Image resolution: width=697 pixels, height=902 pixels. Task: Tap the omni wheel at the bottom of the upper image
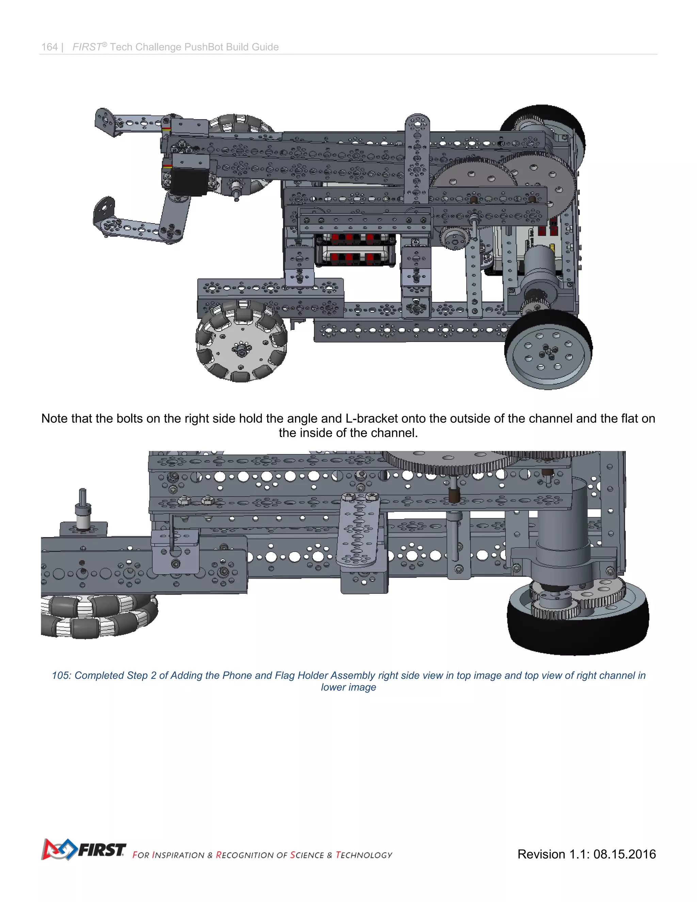coord(242,341)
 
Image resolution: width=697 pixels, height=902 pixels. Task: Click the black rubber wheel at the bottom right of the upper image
coord(548,350)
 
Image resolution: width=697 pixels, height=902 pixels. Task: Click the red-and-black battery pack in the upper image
coord(355,250)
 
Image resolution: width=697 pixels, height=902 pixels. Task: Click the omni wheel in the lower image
coord(99,616)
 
